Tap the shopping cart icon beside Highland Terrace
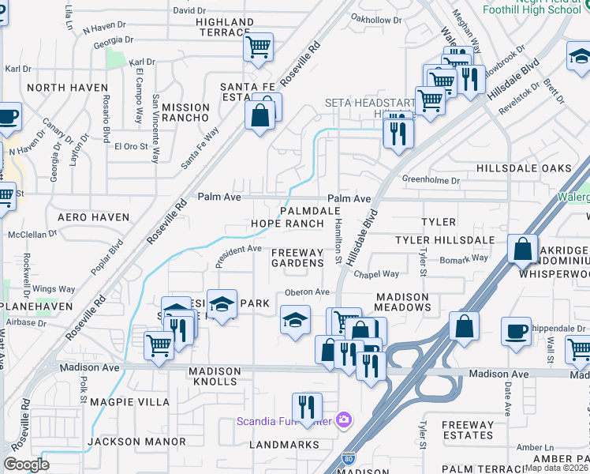coord(258,48)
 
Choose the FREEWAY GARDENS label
coord(297,258)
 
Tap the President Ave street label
coord(238,250)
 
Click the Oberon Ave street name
coord(307,292)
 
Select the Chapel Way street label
coord(376,274)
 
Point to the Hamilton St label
coord(338,241)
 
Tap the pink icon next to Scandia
coord(343,419)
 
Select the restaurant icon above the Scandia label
coord(306,408)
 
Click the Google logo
coord(26,464)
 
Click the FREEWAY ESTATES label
coord(468,430)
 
